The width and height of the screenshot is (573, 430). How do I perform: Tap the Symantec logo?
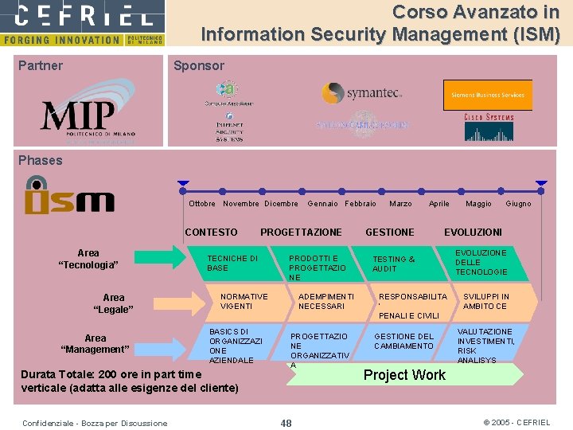tap(361, 93)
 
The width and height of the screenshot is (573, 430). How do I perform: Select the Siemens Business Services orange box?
tap(487, 95)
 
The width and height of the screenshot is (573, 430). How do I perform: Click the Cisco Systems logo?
tap(489, 127)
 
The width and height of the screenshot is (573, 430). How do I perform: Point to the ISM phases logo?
tap(69, 196)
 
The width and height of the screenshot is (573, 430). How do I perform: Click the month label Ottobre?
tap(202, 204)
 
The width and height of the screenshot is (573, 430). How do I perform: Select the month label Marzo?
tap(400, 204)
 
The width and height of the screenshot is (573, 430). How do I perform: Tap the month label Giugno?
tap(518, 204)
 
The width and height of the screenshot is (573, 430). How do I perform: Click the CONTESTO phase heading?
tap(211, 233)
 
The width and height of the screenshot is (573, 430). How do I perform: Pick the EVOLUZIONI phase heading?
tap(473, 233)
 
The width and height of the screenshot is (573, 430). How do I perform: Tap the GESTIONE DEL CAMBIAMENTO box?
tap(404, 341)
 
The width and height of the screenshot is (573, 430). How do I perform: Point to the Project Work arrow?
tap(404, 374)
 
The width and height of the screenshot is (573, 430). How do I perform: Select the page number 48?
tap(286, 423)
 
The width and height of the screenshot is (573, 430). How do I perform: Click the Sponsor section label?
tap(199, 66)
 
